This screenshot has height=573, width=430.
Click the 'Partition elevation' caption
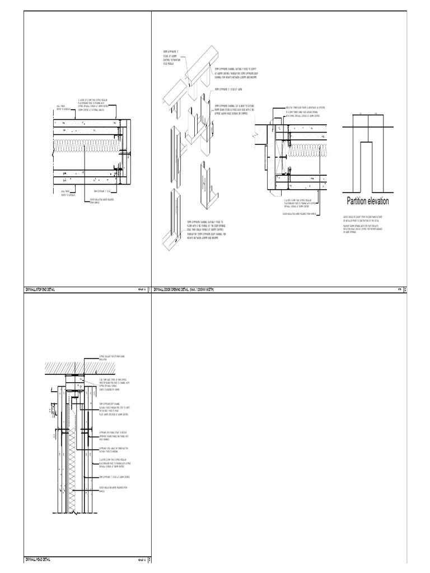pyautogui.click(x=366, y=201)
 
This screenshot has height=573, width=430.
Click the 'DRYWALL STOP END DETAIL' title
pyautogui.click(x=44, y=289)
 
